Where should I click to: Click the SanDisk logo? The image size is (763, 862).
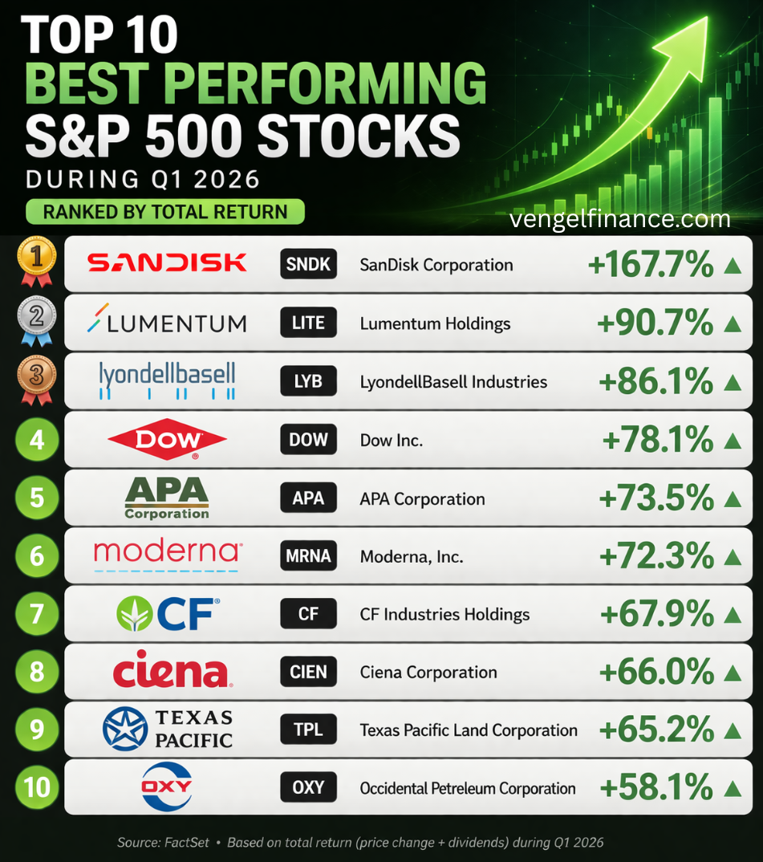(167, 262)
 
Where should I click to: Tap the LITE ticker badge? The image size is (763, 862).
(308, 323)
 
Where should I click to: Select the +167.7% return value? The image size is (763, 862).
(651, 265)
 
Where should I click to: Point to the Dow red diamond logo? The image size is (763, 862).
(167, 439)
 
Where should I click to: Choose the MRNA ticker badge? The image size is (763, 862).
(308, 556)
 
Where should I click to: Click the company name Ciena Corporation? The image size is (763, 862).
(428, 673)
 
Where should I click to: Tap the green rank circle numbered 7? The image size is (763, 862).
(37, 614)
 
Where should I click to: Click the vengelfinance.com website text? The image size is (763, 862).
(619, 218)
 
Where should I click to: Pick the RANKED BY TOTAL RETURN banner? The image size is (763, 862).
(165, 212)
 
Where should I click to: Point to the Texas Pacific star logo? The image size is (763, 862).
(124, 729)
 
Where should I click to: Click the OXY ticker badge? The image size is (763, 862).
(308, 788)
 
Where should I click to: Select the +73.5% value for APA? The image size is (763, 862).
(656, 498)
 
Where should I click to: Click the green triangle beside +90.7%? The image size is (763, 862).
(732, 323)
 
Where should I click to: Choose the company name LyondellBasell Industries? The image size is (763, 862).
(453, 382)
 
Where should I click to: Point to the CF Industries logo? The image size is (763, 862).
(167, 614)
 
